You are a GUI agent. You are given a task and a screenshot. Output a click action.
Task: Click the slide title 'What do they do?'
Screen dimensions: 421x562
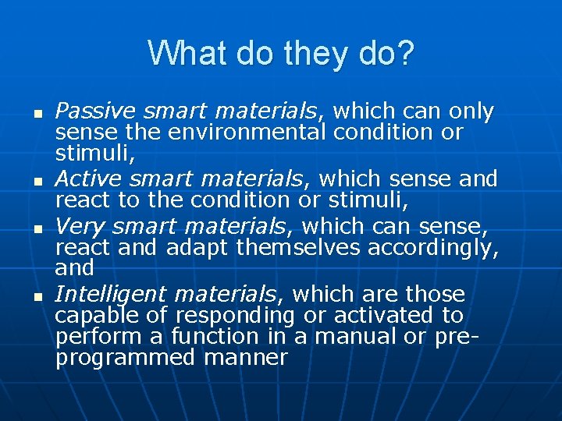(281, 54)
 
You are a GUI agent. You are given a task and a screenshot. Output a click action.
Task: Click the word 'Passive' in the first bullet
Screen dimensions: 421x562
(87, 112)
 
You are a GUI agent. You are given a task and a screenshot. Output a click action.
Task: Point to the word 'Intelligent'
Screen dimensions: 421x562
(110, 295)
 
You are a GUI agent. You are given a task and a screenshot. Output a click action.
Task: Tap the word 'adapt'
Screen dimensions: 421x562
(198, 248)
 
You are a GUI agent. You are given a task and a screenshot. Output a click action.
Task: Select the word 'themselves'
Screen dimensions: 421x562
(298, 248)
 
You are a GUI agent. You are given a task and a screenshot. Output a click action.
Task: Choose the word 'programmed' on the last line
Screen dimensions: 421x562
(126, 358)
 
